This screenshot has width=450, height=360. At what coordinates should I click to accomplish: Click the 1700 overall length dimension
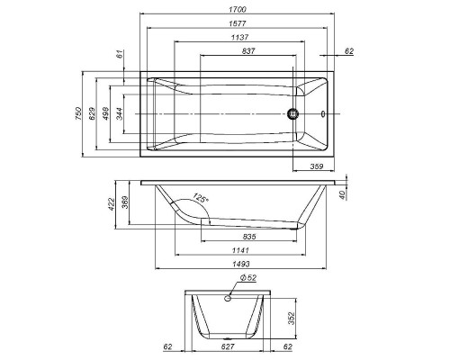[238, 9]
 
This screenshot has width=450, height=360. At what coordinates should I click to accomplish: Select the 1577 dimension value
[238, 23]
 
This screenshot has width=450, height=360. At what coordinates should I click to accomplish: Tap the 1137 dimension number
[239, 38]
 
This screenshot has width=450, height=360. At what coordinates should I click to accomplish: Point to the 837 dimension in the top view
[248, 51]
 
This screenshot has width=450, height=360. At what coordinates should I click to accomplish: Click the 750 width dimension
[77, 113]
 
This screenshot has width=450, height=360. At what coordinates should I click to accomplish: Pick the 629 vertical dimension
[92, 113]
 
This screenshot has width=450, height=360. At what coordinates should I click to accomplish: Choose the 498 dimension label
[105, 113]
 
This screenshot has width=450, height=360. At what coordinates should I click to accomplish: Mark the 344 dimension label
[119, 113]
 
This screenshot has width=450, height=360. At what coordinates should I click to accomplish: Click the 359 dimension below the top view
[316, 166]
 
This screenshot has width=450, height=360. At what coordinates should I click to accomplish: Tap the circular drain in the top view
[292, 114]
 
